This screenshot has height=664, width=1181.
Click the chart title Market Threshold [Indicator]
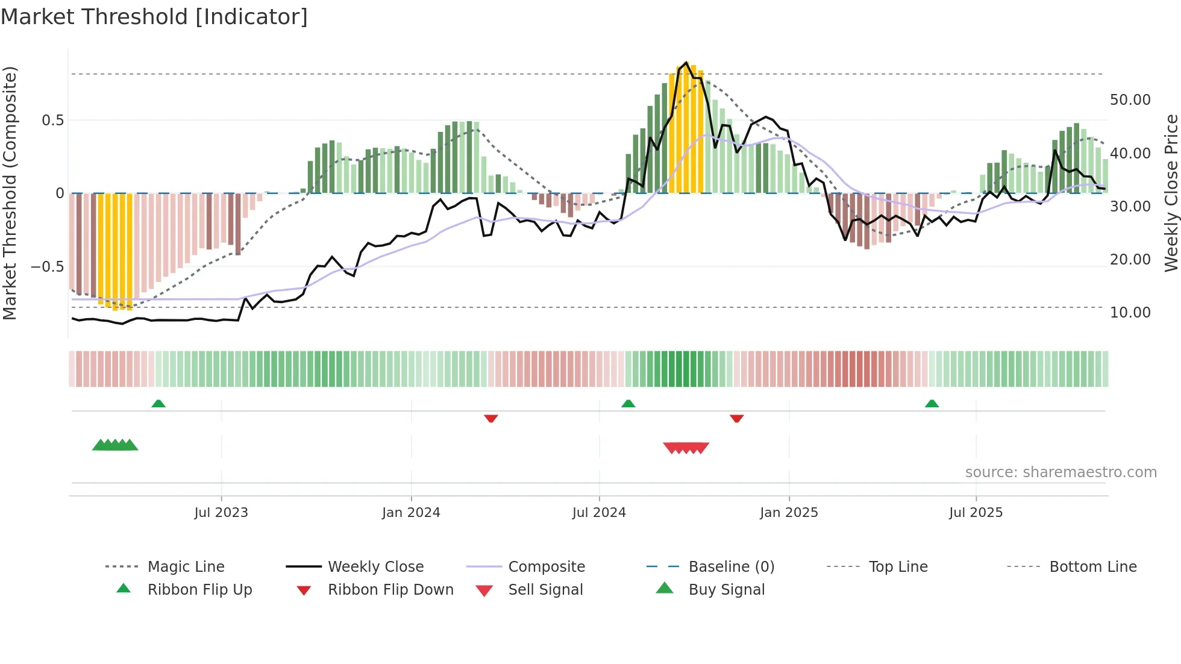click(154, 17)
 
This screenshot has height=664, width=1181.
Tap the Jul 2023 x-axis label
click(221, 512)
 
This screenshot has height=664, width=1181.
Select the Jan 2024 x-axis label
click(411, 512)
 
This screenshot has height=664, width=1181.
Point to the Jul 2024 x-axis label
click(599, 512)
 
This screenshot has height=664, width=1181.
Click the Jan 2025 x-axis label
click(789, 512)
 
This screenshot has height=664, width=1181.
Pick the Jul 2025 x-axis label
click(976, 512)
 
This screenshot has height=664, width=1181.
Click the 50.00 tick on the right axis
click(1130, 100)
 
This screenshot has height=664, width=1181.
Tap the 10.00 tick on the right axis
click(1130, 312)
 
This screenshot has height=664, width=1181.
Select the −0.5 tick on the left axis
click(47, 266)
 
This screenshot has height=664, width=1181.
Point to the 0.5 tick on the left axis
click(52, 121)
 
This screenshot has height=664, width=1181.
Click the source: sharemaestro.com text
click(1060, 472)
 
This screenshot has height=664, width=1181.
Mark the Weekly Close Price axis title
click(1171, 193)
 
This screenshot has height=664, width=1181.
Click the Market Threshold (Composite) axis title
click(10, 193)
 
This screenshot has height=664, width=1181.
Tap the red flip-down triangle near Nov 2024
click(736, 418)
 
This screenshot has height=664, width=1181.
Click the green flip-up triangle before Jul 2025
click(932, 403)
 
